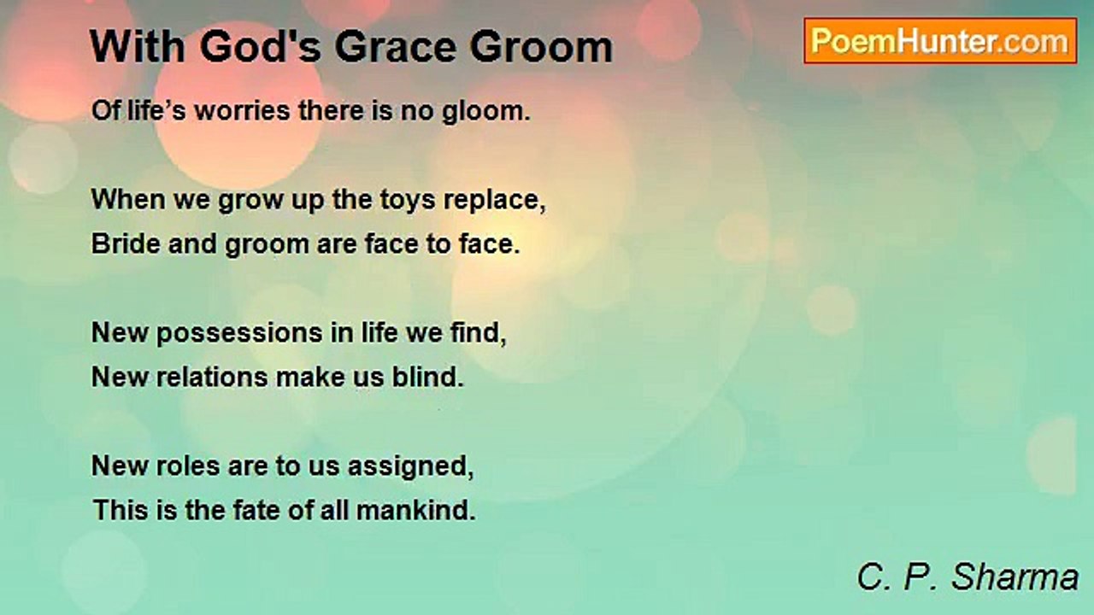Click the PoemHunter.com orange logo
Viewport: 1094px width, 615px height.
pos(940,41)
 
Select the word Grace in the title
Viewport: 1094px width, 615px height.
pos(396,47)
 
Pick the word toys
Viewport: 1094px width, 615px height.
pos(408,201)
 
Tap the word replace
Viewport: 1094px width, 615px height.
pos(495,201)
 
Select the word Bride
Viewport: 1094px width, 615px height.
pos(126,243)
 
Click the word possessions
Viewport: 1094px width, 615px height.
pos(240,334)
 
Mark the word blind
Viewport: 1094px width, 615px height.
pos(428,377)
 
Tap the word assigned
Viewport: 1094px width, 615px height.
pos(411,467)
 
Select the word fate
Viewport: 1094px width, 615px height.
pos(256,510)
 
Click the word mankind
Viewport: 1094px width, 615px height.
pos(415,510)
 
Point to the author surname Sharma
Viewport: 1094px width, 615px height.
pos(1015,577)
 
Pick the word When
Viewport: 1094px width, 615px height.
pos(128,199)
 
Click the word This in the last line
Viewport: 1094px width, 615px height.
pos(121,510)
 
